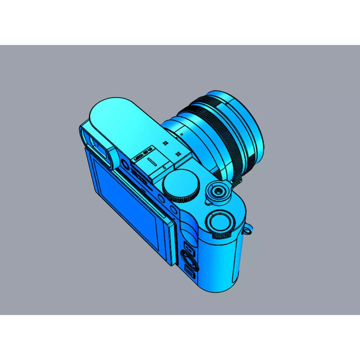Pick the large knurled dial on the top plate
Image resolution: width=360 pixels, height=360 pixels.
click(x=181, y=185)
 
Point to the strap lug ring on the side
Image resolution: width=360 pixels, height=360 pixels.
click(x=249, y=230)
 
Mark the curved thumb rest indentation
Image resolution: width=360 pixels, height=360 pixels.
click(x=189, y=230)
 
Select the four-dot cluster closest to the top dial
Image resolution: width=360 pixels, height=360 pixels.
click(x=178, y=154)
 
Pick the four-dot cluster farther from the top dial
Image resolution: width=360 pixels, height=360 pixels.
click(x=164, y=143)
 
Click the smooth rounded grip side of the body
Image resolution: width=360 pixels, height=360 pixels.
click(x=220, y=267)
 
